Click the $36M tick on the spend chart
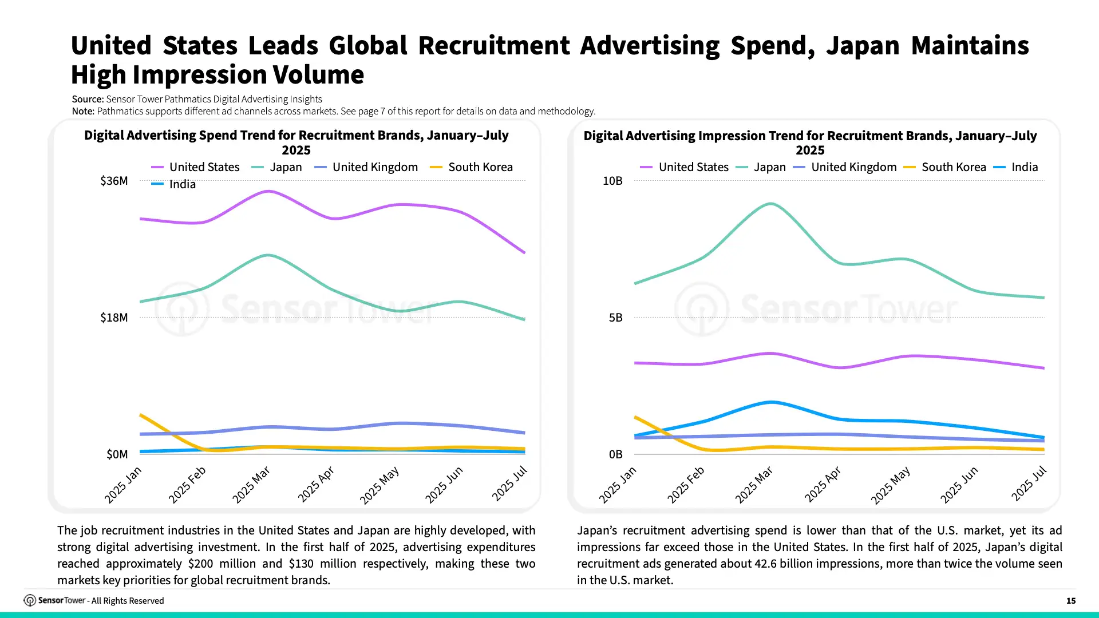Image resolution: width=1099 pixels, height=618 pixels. point(114,181)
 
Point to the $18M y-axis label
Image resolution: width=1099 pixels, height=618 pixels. point(114,318)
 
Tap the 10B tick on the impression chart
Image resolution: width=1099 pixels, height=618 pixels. point(612,181)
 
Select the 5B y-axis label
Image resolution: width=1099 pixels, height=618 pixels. point(616,318)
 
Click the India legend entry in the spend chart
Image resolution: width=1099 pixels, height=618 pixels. point(173,184)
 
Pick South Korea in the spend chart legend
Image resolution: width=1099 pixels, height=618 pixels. point(471,167)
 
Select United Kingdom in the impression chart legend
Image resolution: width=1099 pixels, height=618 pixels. point(845,167)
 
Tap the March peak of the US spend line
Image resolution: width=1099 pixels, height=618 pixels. point(268,191)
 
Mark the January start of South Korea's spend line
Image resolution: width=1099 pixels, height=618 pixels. point(141,415)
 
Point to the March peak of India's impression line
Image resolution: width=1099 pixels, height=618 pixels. point(771,402)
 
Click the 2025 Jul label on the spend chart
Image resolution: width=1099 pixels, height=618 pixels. point(509,484)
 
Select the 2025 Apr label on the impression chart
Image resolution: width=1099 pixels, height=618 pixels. point(823,484)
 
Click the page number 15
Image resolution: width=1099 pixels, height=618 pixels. point(1071,601)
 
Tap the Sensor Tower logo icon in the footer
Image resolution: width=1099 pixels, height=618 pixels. point(30,600)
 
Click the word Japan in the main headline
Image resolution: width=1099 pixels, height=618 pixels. point(863,46)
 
